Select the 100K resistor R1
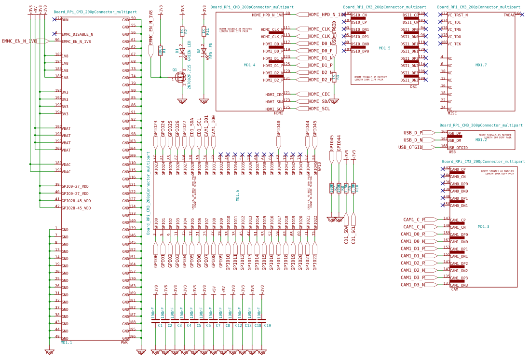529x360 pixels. pos(161,50)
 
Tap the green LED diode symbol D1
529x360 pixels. pos(182,51)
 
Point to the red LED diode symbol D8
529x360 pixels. pos(203,51)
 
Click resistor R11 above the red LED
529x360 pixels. pos(203,31)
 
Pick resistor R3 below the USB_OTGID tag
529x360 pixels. pos(334,77)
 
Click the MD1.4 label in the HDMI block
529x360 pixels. pos(249,65)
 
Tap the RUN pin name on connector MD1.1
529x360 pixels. pos(65,20)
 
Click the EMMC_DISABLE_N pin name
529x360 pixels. pos(77,34)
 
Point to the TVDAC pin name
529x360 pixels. pos(509,15)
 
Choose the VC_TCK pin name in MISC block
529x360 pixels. pos(454,44)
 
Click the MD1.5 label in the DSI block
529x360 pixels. pos(384,48)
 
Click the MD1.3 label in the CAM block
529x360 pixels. pos(483,226)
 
